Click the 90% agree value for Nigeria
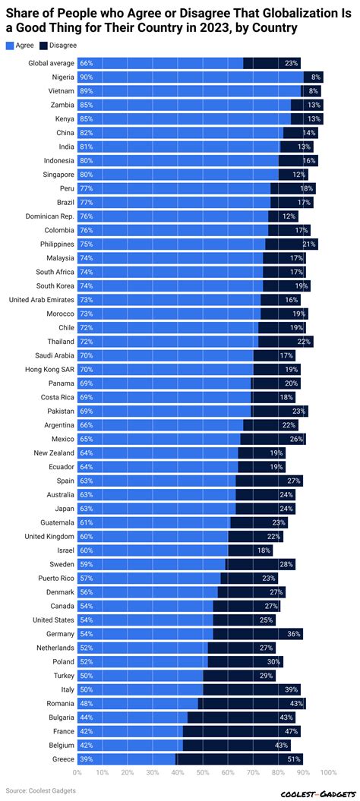pyautogui.click(x=87, y=77)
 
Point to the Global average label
pyautogui.click(x=50, y=63)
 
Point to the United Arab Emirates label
pyautogui.click(x=41, y=299)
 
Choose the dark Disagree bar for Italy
pyautogui.click(x=251, y=689)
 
